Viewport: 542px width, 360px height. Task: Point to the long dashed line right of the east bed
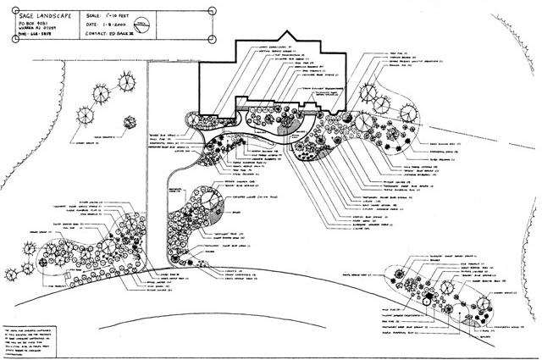point(506,152)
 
